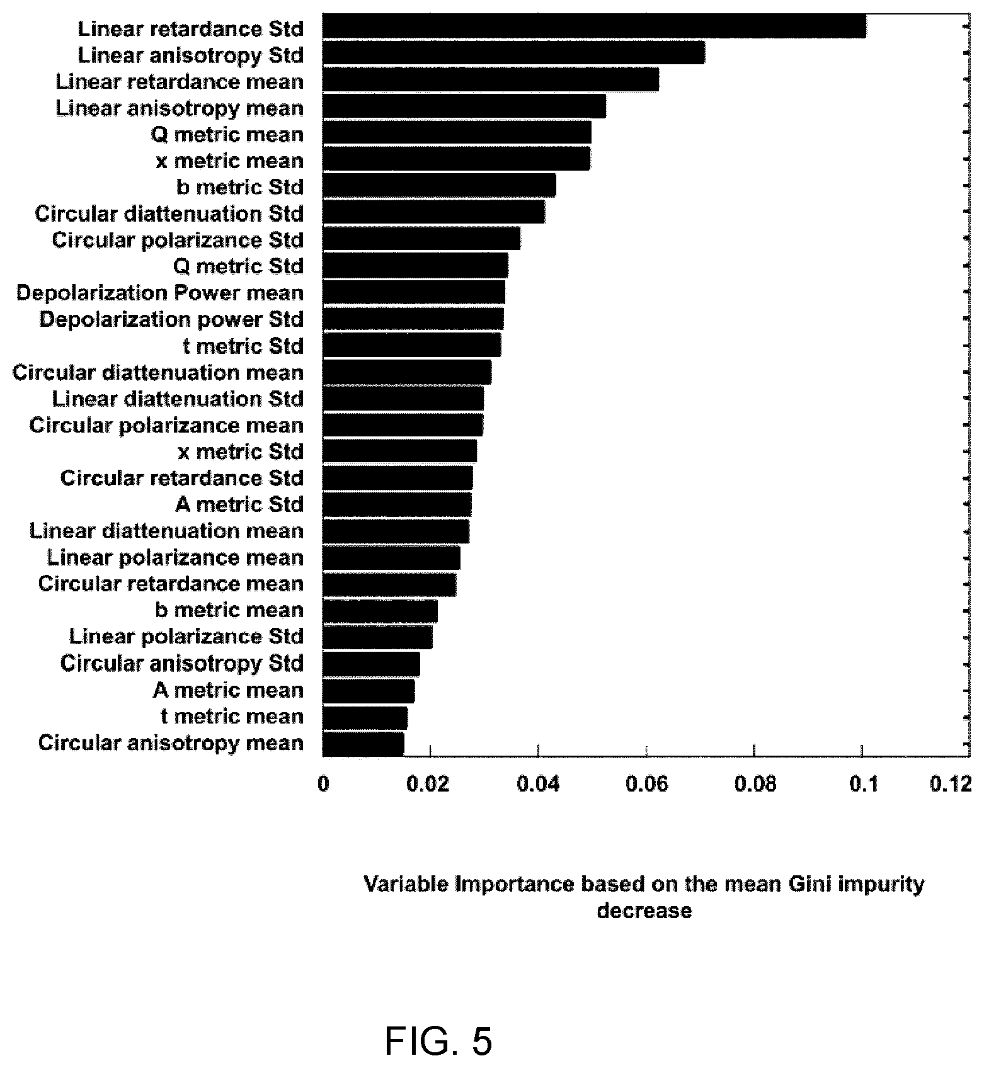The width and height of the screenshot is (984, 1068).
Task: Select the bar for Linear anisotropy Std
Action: [x=513, y=53]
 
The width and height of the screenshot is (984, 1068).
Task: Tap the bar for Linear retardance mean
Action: [x=491, y=79]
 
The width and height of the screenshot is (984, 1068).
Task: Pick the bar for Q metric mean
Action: [x=457, y=132]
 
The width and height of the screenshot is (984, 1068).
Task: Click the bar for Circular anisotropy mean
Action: [x=363, y=744]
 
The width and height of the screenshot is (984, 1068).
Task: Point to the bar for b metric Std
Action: [x=439, y=185]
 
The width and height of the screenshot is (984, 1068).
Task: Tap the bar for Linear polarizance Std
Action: [x=377, y=637]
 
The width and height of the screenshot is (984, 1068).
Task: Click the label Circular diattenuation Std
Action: [x=169, y=213]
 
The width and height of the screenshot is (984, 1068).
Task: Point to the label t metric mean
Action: [x=232, y=716]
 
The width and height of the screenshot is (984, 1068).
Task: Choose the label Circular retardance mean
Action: [x=171, y=584]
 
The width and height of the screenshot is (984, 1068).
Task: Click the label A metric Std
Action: [x=239, y=504]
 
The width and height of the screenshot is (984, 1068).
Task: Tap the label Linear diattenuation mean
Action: [x=167, y=531]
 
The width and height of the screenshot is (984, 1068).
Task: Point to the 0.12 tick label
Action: [x=951, y=784]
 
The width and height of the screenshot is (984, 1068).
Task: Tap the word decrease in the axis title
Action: [x=644, y=911]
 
